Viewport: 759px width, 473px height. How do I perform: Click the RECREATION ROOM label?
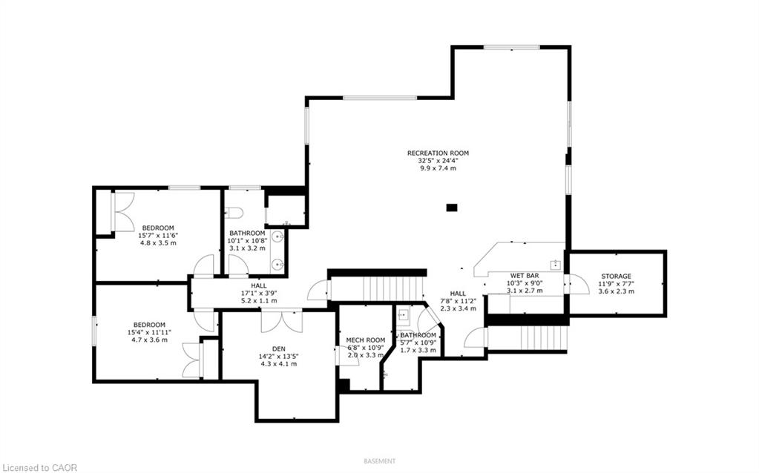pos(438,153)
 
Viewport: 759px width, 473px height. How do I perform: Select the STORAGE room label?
pos(617,276)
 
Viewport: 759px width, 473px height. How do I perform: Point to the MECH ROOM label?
pos(366,340)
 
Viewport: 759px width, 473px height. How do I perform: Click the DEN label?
pos(278,348)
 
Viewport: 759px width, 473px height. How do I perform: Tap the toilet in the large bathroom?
pos(233,212)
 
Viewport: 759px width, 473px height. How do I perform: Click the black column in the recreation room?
pos(452,208)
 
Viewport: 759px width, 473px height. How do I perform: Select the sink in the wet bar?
pos(555,265)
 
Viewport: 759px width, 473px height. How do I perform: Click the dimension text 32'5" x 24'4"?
pos(438,161)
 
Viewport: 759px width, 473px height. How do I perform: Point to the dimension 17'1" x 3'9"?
pos(259,293)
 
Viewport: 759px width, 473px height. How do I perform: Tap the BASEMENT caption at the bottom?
pos(380,461)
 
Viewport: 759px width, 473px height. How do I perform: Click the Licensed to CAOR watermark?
pos(39,467)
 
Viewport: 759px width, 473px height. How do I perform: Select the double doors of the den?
pos(282,322)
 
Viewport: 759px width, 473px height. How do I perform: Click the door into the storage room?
pos(578,284)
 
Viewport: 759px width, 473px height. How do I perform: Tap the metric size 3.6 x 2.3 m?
pos(617,291)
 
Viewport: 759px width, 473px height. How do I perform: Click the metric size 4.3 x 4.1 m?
pos(278,364)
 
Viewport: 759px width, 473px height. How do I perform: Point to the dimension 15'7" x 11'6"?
pos(158,236)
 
